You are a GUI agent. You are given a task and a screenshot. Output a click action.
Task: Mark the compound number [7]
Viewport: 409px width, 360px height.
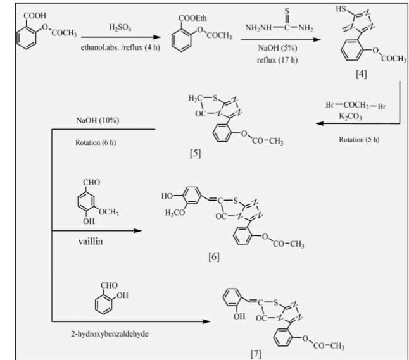pyautogui.click(x=257, y=352)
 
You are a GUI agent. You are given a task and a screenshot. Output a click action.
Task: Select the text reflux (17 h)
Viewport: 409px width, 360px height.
pyautogui.click(x=272, y=60)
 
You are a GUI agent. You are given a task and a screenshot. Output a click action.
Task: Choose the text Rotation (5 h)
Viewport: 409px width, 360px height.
pyautogui.click(x=358, y=139)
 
